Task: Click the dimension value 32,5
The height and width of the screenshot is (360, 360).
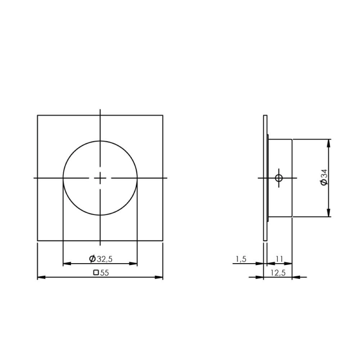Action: point(104,258)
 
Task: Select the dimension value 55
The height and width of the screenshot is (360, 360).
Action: point(104,273)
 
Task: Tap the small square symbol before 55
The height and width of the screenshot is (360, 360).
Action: point(96,273)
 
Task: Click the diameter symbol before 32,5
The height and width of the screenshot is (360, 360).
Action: point(92,258)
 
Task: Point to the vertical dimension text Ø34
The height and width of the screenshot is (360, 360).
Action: point(324,178)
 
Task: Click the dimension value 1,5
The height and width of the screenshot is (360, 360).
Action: point(240,259)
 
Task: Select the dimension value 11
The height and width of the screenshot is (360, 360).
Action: point(279,259)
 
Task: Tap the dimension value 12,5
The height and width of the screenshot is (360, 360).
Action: point(278,273)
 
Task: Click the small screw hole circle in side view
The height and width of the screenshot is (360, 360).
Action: point(278,178)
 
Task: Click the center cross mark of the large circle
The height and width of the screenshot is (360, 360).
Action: point(100,178)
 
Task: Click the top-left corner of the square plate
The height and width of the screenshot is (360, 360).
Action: point(38,115)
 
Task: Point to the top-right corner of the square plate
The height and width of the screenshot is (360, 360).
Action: point(163,115)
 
